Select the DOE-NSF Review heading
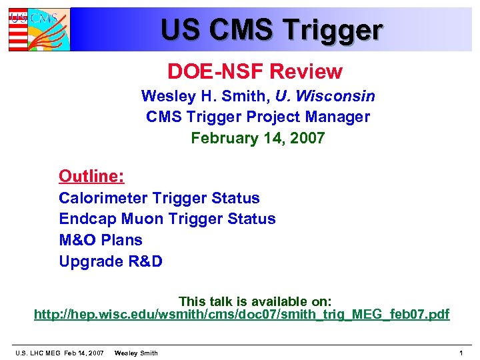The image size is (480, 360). click(x=255, y=71)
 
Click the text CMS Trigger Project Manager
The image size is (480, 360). click(x=257, y=117)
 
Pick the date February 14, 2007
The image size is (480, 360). click(x=257, y=138)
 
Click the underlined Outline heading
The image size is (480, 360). click(x=91, y=176)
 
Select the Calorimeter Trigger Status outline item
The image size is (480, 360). click(x=159, y=198)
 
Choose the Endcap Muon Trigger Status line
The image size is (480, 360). click(x=167, y=219)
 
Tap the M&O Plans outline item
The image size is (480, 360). click(x=101, y=239)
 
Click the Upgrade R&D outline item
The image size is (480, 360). click(x=111, y=261)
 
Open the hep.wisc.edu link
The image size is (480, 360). click(x=241, y=314)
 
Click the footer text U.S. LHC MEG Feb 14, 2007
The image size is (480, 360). click(x=59, y=353)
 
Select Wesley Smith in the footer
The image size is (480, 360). click(x=136, y=353)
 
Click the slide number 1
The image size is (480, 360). click(x=461, y=353)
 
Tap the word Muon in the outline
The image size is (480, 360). click(x=130, y=219)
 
